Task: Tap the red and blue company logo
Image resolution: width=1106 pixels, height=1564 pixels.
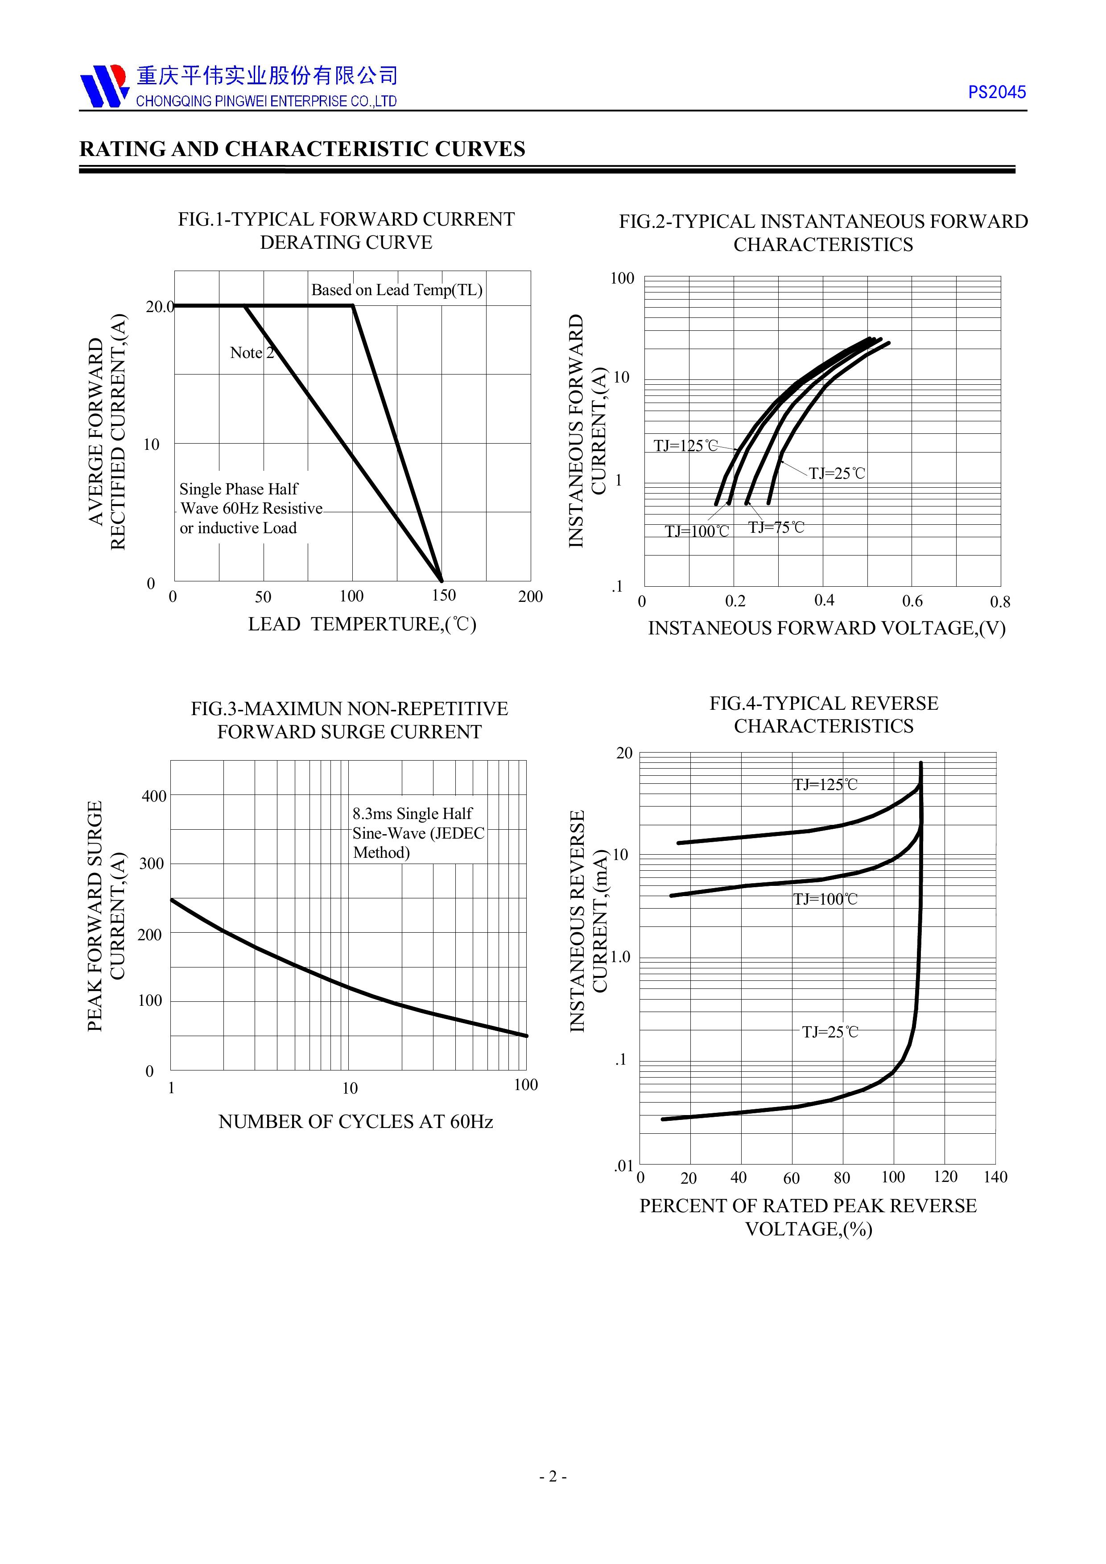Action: [x=103, y=86]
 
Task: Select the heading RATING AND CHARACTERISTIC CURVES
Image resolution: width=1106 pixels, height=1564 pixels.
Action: [x=302, y=149]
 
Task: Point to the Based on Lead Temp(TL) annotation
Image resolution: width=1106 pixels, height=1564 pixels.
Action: [x=396, y=290]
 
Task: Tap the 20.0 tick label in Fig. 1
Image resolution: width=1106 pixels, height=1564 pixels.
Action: [x=160, y=307]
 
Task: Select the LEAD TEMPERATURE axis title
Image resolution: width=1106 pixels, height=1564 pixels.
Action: [x=362, y=624]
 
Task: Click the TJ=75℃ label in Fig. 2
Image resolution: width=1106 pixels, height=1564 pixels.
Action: [x=776, y=527]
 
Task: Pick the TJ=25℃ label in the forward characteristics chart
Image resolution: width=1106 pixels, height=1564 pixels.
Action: [x=837, y=473]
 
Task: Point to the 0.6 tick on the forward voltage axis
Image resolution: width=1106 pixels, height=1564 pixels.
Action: [x=912, y=601]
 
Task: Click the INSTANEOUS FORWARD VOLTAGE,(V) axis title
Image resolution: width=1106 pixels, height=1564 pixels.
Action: [x=826, y=628]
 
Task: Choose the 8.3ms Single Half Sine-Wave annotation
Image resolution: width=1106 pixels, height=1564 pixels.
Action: [x=418, y=833]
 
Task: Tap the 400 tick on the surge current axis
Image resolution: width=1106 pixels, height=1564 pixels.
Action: [x=154, y=796]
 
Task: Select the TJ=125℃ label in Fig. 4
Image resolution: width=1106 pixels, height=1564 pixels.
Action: [x=825, y=785]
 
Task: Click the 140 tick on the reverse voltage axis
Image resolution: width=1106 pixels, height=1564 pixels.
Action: [x=995, y=1177]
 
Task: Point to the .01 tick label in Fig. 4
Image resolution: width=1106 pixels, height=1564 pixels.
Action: [x=623, y=1166]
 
